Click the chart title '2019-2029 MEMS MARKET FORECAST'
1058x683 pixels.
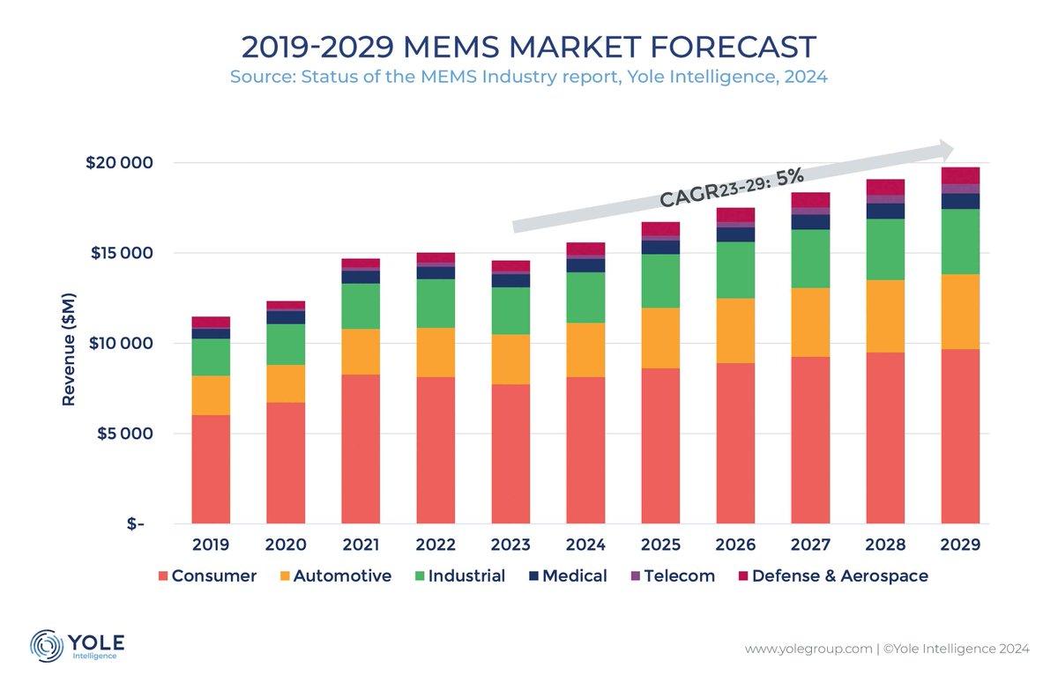click(x=528, y=46)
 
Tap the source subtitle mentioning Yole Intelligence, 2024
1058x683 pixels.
click(x=528, y=77)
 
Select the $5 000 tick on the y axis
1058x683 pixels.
click(x=121, y=434)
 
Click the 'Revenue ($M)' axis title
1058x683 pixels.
click(x=67, y=344)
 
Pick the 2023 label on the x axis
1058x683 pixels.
click(x=510, y=545)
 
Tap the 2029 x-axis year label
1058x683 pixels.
click(x=960, y=545)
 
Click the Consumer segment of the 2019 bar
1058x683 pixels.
click(x=211, y=469)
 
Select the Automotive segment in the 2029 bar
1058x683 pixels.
click(x=960, y=312)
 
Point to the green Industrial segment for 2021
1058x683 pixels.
click(x=361, y=306)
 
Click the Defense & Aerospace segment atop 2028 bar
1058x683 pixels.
click(x=885, y=187)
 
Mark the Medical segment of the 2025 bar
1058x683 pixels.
click(x=660, y=247)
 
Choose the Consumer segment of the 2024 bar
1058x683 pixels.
click(x=585, y=449)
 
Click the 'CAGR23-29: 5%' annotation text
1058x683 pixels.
click(x=732, y=188)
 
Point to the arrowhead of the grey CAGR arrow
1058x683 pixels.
click(x=945, y=149)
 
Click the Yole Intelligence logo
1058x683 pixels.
click(x=78, y=644)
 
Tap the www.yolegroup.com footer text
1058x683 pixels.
click(x=807, y=650)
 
